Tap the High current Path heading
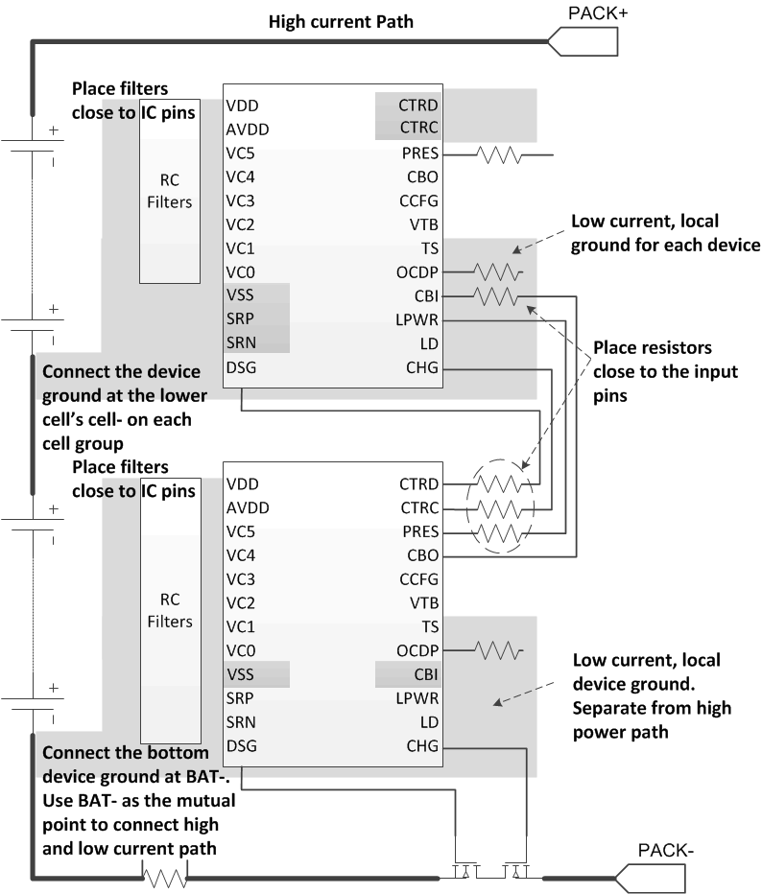(341, 21)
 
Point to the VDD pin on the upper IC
(243, 106)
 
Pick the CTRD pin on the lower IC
(418, 484)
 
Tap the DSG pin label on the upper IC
(242, 366)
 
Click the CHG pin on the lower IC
(422, 746)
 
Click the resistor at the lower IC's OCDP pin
(497, 651)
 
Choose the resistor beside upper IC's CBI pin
(497, 296)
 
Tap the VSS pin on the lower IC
(242, 674)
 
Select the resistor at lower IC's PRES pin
(497, 531)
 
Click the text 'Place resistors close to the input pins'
(653, 370)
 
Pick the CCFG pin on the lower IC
(418, 579)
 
